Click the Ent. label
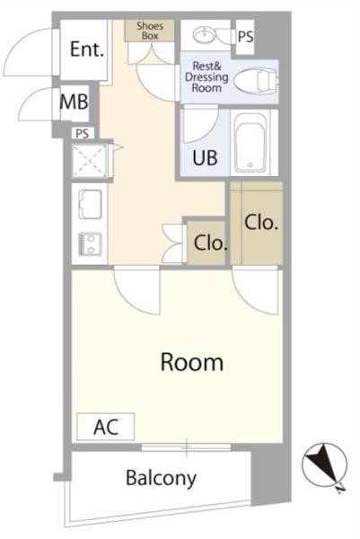click(x=86, y=49)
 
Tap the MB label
click(x=74, y=102)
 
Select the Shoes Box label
click(x=150, y=31)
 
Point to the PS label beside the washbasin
click(x=246, y=37)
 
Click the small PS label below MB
click(x=82, y=133)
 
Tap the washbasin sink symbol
click(x=204, y=35)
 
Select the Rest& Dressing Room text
click(x=206, y=76)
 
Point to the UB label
click(x=205, y=158)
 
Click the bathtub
click(x=250, y=143)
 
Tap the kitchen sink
click(x=90, y=204)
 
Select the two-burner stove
click(x=91, y=243)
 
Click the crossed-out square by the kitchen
click(x=90, y=161)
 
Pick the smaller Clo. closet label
click(x=211, y=243)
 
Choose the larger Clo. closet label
click(x=261, y=223)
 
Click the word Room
click(x=192, y=362)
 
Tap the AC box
click(x=105, y=427)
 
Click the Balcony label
click(x=161, y=478)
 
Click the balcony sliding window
click(x=186, y=447)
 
